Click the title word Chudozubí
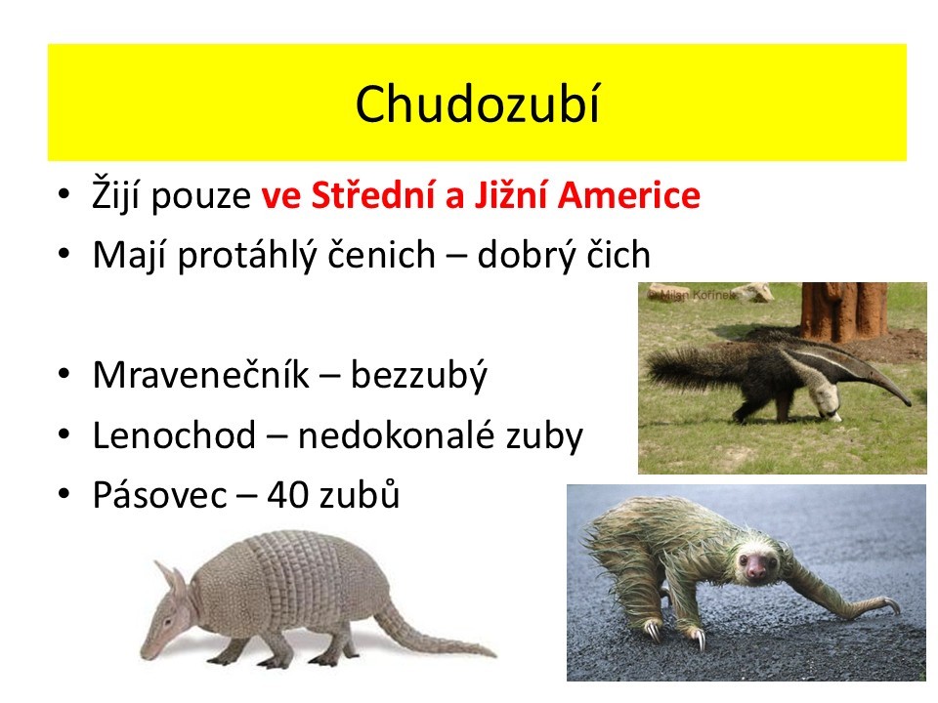click(x=477, y=104)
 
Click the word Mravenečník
click(x=201, y=375)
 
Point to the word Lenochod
click(x=174, y=435)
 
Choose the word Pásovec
click(x=159, y=495)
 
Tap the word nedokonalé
click(x=396, y=435)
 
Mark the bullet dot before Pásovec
click(x=64, y=495)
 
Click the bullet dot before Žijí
click(x=64, y=194)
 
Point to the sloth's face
click(x=755, y=565)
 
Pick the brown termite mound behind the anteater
click(x=844, y=310)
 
